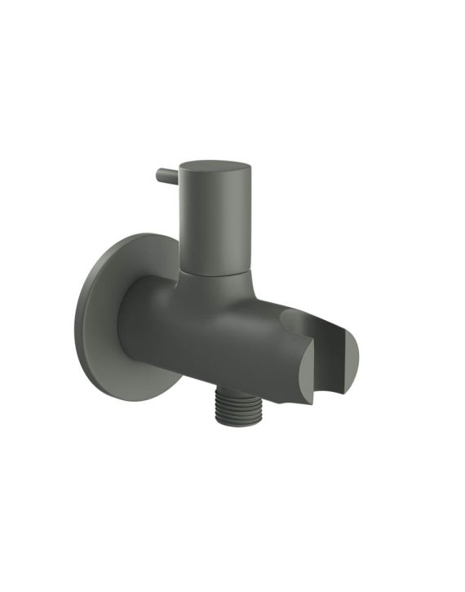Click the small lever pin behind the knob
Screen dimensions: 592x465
(166, 176)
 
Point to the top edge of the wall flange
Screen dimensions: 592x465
(135, 235)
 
